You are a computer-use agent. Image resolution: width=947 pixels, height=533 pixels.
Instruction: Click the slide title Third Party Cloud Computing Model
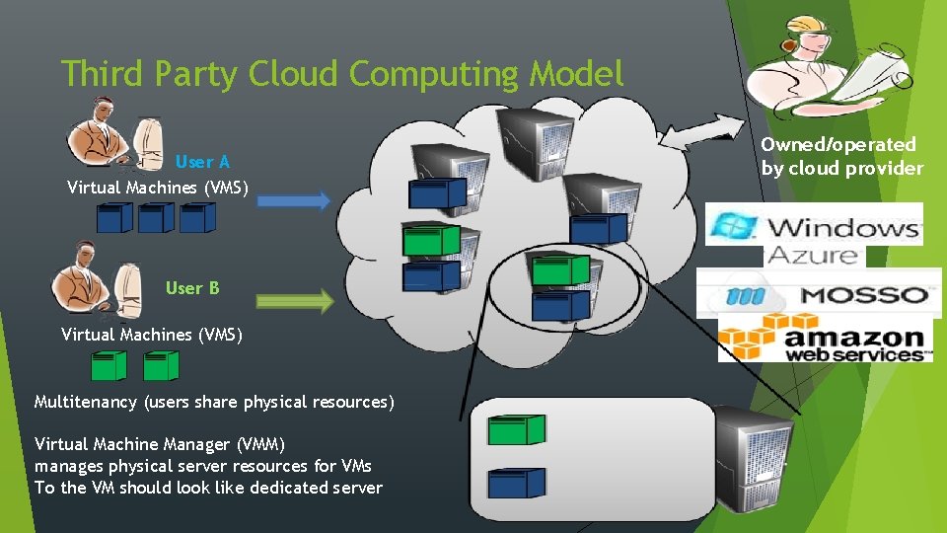(x=342, y=73)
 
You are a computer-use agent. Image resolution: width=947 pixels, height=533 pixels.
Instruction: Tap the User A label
(x=202, y=162)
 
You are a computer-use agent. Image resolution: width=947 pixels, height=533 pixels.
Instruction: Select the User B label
(x=192, y=288)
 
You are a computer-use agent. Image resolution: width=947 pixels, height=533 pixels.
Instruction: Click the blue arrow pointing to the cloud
(x=295, y=200)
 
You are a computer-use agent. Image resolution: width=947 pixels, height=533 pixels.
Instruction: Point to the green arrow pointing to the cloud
(x=295, y=301)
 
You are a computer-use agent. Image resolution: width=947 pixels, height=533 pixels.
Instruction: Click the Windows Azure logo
(x=815, y=234)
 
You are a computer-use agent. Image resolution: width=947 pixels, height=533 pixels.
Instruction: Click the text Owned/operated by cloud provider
(x=840, y=156)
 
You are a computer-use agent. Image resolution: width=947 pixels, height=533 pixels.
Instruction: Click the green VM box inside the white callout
(x=517, y=428)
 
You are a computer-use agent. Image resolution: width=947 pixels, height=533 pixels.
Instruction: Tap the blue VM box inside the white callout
(x=517, y=484)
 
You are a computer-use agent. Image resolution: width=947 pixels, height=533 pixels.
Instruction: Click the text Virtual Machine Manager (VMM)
(x=159, y=444)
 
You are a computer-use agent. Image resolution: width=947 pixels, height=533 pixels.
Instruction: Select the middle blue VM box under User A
(x=157, y=217)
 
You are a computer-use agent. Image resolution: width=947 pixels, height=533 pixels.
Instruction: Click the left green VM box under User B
(x=109, y=366)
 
